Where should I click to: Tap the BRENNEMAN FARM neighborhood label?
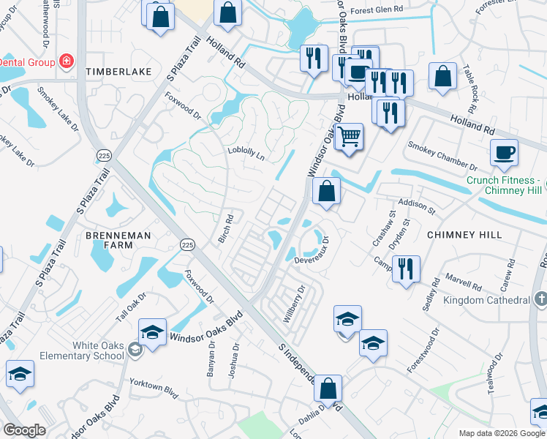pos(108,240)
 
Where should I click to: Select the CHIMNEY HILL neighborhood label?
pos(465,234)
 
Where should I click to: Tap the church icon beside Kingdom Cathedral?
pos(540,299)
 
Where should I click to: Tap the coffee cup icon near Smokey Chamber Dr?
pos(504,153)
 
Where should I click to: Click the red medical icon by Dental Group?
pos(66,61)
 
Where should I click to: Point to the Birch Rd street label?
pos(225,228)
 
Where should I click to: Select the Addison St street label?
pos(416,205)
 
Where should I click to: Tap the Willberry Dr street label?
pos(293,305)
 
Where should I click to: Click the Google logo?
pos(24,430)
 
